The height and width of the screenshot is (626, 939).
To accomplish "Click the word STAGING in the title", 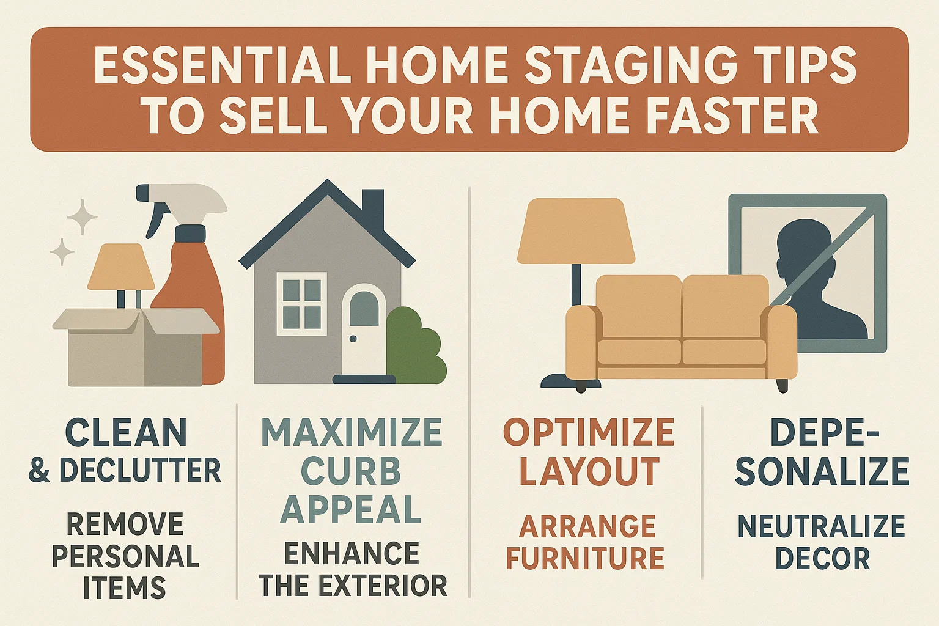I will tap(639, 65).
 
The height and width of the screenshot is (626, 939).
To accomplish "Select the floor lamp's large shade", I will tap(575, 232).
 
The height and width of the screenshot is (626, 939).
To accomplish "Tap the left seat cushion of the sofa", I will tap(639, 352).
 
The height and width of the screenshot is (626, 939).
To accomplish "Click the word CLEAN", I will tap(125, 433).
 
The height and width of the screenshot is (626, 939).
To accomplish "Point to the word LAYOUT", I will tap(589, 471).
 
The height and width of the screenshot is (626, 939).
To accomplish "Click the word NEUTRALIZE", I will tap(821, 526).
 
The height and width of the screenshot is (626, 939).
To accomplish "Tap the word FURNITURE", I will tap(585, 558).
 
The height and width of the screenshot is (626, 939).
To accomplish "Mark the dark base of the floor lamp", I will tap(559, 381).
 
